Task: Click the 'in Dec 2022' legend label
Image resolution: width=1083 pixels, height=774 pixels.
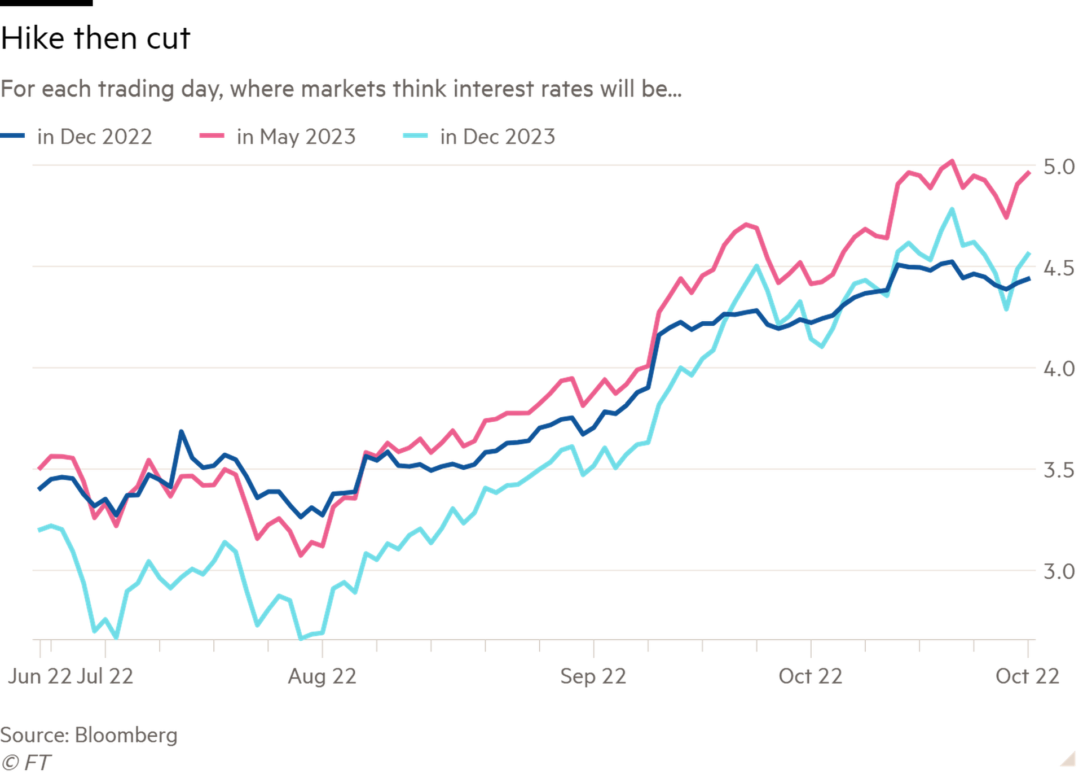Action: [x=94, y=137]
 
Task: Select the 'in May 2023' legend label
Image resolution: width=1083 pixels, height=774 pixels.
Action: [x=296, y=137]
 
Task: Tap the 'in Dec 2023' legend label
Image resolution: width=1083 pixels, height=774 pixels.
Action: [x=498, y=137]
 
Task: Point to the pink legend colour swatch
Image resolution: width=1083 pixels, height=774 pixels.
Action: [x=212, y=136]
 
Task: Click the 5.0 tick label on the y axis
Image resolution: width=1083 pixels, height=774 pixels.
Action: [x=1059, y=167]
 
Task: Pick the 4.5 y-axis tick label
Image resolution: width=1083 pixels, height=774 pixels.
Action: [x=1059, y=269]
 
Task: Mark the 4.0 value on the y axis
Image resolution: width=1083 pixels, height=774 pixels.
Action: [x=1059, y=369]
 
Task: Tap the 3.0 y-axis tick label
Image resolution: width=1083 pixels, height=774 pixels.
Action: [x=1059, y=571]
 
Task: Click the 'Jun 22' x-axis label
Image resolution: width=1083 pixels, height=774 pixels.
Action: [x=39, y=676]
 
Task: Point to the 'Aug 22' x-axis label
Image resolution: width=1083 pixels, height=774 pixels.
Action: [x=322, y=676]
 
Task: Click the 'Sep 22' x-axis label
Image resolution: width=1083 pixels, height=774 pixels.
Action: [x=593, y=676]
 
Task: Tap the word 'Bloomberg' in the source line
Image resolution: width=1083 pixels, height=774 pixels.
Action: [x=126, y=735]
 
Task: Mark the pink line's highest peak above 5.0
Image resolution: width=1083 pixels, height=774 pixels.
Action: [x=952, y=161]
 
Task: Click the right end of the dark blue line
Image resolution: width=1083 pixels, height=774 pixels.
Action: [x=1030, y=278]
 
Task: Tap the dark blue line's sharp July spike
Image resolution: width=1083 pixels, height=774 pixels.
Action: [x=181, y=432]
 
